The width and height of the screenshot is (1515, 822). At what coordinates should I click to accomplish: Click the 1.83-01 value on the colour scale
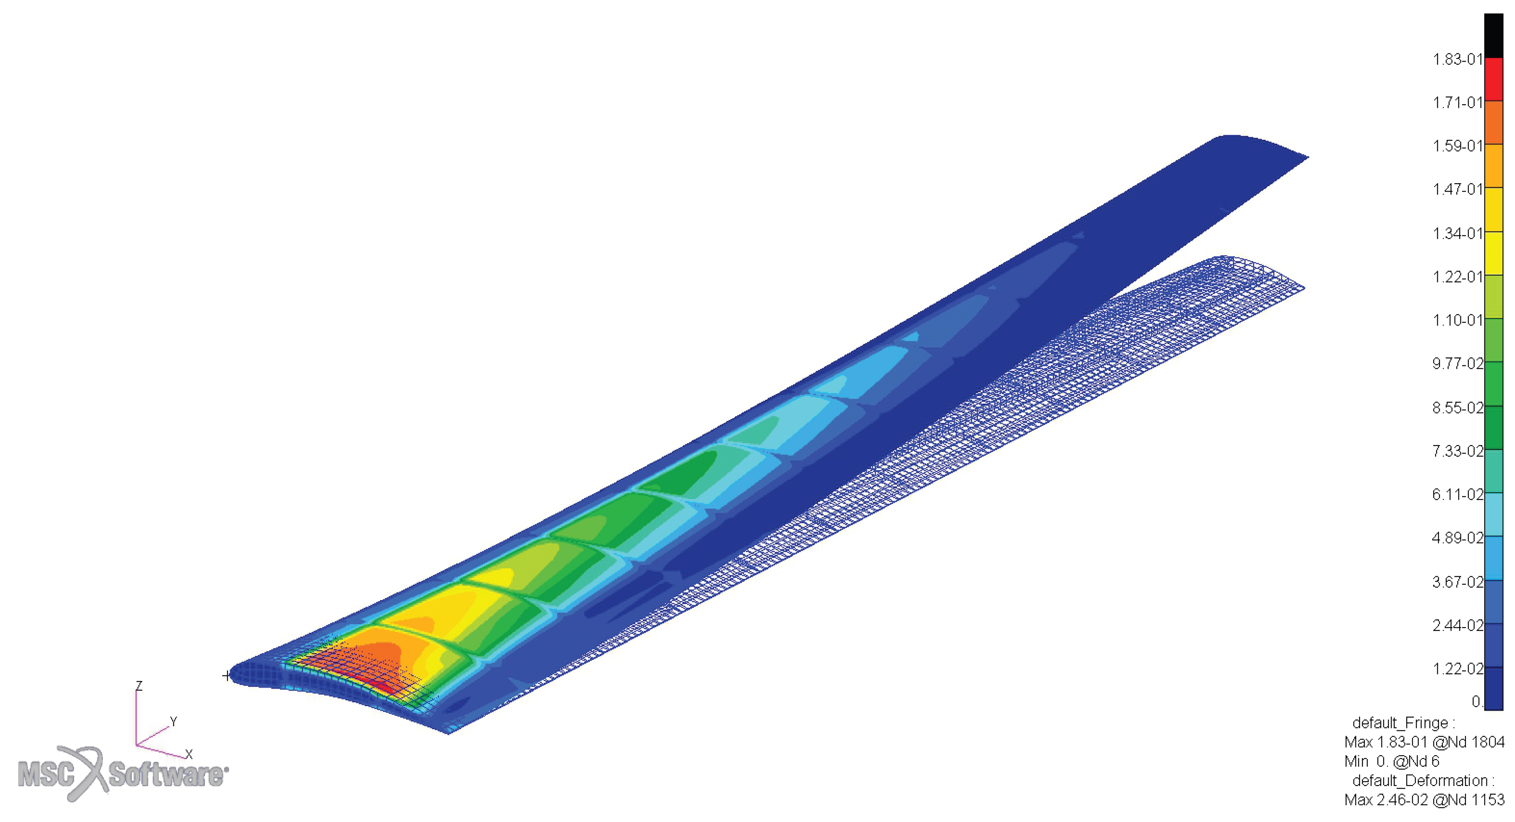point(1457,59)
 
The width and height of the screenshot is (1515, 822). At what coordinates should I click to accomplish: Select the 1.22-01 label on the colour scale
point(1457,276)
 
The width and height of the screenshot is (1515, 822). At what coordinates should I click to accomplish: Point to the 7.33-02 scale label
point(1457,451)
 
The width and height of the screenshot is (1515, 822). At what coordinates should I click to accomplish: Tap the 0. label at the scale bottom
point(1477,701)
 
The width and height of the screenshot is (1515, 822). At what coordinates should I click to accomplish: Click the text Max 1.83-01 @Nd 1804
point(1424,742)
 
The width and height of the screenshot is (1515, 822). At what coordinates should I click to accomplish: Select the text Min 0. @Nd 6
point(1392,762)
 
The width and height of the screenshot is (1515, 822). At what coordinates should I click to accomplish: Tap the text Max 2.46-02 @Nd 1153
point(1424,800)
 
